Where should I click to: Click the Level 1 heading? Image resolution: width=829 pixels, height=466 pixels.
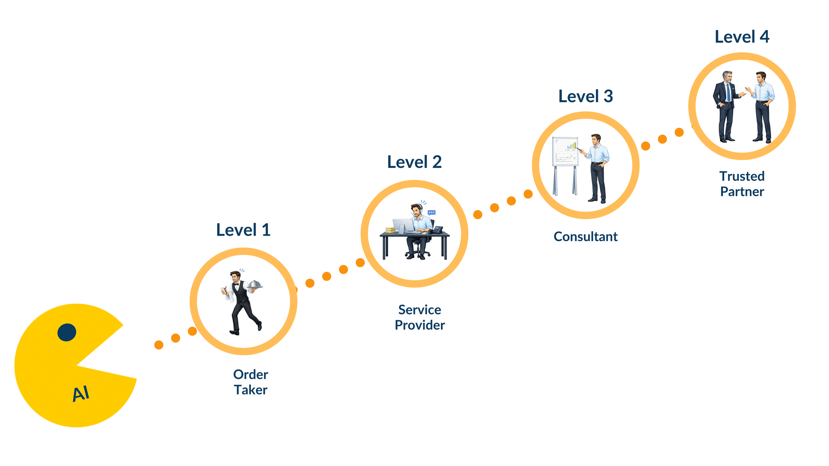[243, 230]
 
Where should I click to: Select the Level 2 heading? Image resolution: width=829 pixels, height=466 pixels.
[414, 162]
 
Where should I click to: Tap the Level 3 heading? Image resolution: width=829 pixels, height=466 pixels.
[585, 96]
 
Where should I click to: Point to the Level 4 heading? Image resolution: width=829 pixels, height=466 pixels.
[742, 37]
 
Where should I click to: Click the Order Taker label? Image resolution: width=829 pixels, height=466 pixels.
[250, 382]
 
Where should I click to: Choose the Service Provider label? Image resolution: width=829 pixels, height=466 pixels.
[420, 317]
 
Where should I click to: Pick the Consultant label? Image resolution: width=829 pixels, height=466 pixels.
[585, 236]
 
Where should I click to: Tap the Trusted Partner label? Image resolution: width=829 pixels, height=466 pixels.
[742, 184]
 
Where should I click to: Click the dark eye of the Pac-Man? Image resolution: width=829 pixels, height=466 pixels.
[67, 332]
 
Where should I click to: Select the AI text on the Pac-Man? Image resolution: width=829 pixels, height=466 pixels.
[81, 394]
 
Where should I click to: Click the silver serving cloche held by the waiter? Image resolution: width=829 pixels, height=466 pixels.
[254, 284]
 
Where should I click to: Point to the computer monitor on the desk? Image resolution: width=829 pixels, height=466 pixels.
[403, 226]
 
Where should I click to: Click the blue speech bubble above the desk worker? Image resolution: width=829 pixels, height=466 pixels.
[431, 213]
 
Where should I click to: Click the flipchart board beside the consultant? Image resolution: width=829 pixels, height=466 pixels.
[565, 151]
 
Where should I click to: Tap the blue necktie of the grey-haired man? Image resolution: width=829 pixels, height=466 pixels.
[729, 92]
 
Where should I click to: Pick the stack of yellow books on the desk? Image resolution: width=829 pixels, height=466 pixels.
[390, 230]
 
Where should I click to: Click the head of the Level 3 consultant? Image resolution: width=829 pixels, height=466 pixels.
[596, 140]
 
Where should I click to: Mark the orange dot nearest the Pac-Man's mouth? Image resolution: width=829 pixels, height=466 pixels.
[159, 345]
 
